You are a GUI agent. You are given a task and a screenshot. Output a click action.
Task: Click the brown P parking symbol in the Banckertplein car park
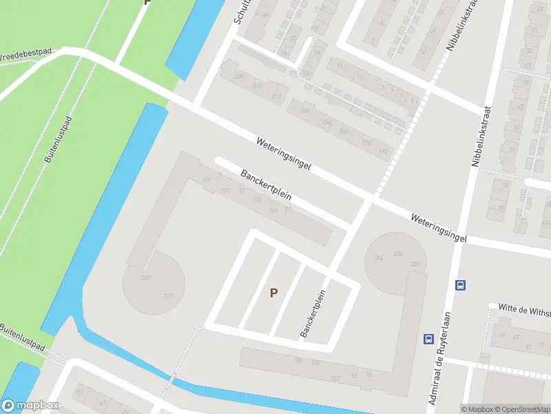click(273, 293)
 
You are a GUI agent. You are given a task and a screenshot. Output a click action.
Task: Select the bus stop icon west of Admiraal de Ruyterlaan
click(428, 339)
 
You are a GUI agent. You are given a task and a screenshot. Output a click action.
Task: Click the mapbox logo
click(30, 406)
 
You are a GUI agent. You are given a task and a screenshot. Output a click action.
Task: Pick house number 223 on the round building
click(146, 277)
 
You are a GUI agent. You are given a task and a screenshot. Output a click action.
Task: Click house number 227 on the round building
click(168, 297)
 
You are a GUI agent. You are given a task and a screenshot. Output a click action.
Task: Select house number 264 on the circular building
click(378, 258)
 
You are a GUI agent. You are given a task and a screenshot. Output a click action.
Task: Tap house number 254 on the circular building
click(397, 254)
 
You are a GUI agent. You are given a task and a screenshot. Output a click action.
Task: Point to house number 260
click(414, 264)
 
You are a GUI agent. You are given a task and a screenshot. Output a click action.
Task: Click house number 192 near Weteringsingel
click(384, 152)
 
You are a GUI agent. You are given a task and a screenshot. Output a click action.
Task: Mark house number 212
click(277, 96)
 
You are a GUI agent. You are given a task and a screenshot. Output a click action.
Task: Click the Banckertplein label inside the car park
click(312, 313)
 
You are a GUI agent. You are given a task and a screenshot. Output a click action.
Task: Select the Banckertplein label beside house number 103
click(266, 184)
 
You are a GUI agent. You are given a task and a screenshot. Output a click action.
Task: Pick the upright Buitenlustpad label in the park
click(58, 139)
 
